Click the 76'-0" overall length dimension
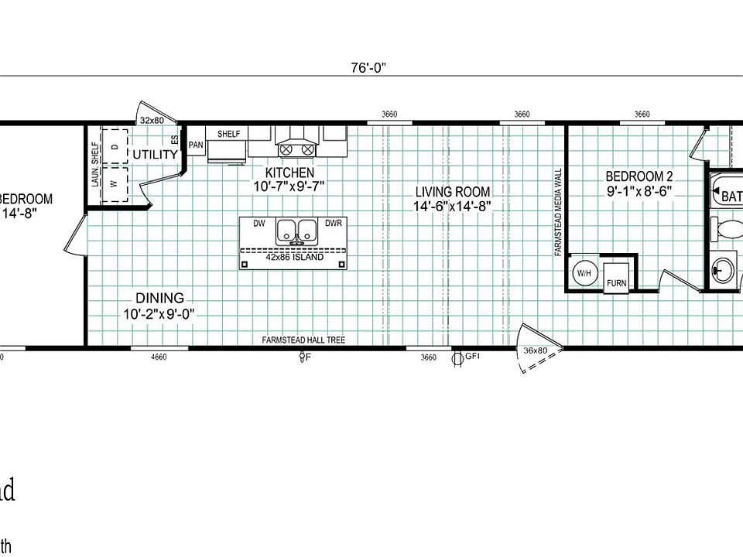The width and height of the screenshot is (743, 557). (368, 67)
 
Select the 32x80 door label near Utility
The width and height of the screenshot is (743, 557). (152, 120)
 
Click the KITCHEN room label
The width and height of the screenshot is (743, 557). (289, 173)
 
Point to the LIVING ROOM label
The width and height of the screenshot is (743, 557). (452, 192)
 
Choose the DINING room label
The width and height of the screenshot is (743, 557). (159, 298)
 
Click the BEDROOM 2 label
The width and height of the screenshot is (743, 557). (640, 176)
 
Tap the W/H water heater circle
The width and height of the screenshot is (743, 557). (583, 273)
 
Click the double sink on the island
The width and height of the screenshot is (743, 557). (297, 231)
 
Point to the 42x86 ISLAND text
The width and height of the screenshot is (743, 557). (294, 258)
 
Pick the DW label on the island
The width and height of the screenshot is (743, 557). (259, 223)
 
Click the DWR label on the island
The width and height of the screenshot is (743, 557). (334, 223)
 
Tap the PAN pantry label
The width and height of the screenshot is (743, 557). (196, 145)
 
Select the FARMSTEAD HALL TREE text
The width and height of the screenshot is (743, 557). (303, 340)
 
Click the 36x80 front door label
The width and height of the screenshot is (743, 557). (536, 350)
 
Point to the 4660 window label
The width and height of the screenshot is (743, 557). (159, 357)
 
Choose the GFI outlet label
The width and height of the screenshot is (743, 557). (471, 357)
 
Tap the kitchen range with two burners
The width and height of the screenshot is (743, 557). (297, 145)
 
